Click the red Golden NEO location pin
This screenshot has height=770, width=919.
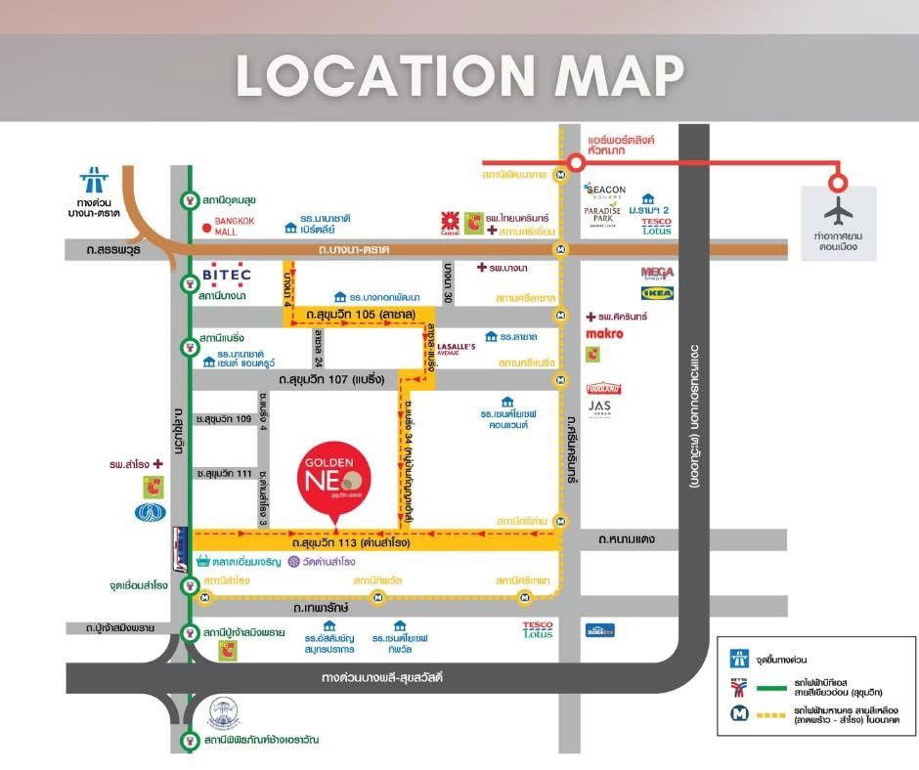334,479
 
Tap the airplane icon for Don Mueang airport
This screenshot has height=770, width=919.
838,210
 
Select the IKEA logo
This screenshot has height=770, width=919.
656,293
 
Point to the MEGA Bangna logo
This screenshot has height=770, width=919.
657,273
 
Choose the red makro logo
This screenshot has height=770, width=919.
604,334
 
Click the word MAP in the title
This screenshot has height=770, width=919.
621,76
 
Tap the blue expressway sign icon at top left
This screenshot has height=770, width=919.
94,180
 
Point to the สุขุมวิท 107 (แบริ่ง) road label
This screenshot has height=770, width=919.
332,378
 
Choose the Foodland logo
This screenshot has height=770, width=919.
603,388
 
